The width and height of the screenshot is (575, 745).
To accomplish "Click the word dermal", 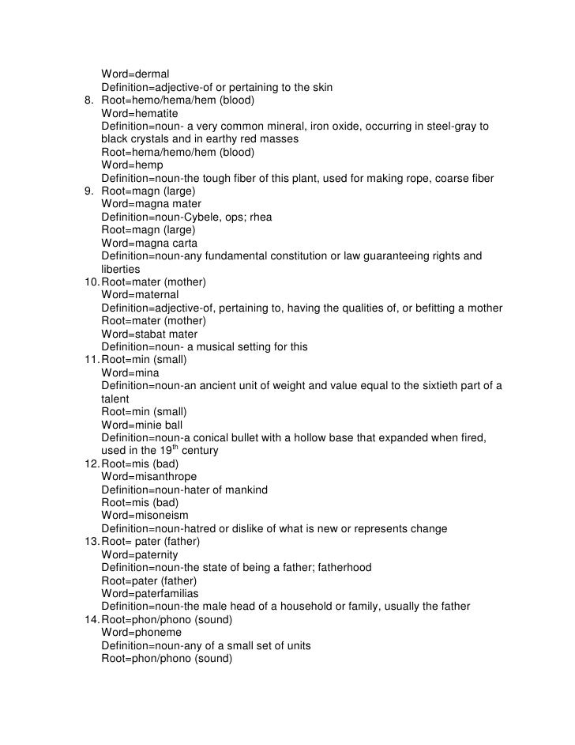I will (x=152, y=74).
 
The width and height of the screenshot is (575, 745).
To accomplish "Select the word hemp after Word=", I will (x=151, y=165).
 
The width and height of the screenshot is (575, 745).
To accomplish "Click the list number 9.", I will (x=88, y=191).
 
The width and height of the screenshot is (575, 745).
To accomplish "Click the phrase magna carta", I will (x=166, y=243).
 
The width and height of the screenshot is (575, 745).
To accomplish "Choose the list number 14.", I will (x=91, y=619).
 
